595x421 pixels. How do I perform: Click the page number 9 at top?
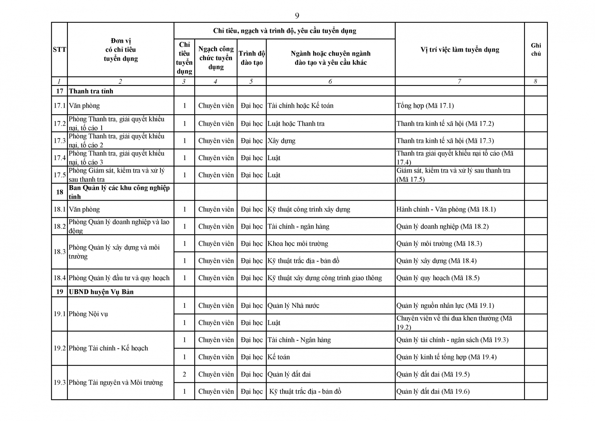point(297,16)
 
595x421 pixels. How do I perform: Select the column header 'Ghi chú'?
point(536,49)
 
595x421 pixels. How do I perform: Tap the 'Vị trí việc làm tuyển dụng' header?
point(460,50)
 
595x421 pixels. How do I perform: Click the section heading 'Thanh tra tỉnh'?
point(91,91)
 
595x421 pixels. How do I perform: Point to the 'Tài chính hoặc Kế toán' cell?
point(301,105)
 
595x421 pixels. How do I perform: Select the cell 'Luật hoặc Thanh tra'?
point(296,123)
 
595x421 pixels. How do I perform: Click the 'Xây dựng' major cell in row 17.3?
point(281,141)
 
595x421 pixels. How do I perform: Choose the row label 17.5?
point(59,175)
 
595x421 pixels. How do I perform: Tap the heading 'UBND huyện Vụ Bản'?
point(101,292)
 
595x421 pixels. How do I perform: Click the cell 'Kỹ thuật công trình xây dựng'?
point(309,209)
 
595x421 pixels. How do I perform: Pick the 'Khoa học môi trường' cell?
point(297,244)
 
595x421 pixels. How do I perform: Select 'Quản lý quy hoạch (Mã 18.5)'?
point(438,278)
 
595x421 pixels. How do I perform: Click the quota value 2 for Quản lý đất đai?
point(184,374)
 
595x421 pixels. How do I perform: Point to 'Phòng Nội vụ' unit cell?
point(88,314)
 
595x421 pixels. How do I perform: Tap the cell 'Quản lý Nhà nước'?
point(293,306)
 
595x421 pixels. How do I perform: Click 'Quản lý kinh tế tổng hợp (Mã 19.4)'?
point(446,357)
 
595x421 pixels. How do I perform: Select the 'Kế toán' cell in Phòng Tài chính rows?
point(279,357)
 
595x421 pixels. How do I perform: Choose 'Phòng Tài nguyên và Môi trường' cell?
point(116,383)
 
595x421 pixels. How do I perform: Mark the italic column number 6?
point(330,81)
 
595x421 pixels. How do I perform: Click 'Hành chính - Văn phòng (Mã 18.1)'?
point(446,209)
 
